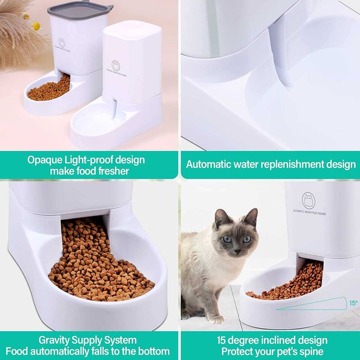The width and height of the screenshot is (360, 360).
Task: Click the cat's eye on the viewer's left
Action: (x=227, y=239)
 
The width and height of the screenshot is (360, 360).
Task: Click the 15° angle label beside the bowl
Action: (x=353, y=303)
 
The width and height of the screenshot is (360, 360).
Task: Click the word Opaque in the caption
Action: (x=44, y=159)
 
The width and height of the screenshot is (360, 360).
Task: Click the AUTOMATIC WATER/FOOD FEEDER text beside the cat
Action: (x=316, y=211)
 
